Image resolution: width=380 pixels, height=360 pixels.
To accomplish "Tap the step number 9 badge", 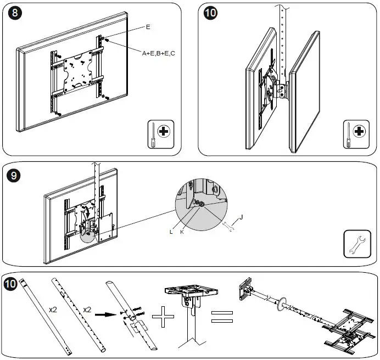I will [15, 176].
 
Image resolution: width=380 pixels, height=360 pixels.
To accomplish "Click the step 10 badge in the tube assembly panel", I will [10, 285].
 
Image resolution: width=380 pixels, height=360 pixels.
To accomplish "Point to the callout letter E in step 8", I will [148, 26].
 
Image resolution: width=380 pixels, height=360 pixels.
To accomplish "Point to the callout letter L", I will [172, 232].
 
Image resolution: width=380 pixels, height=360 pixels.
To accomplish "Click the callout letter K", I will [182, 232].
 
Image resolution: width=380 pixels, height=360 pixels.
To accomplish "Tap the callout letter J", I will [242, 218].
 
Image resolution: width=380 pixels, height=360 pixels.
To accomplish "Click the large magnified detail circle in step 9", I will [201, 204].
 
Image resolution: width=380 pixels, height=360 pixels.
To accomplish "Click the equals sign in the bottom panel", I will [221, 317].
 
